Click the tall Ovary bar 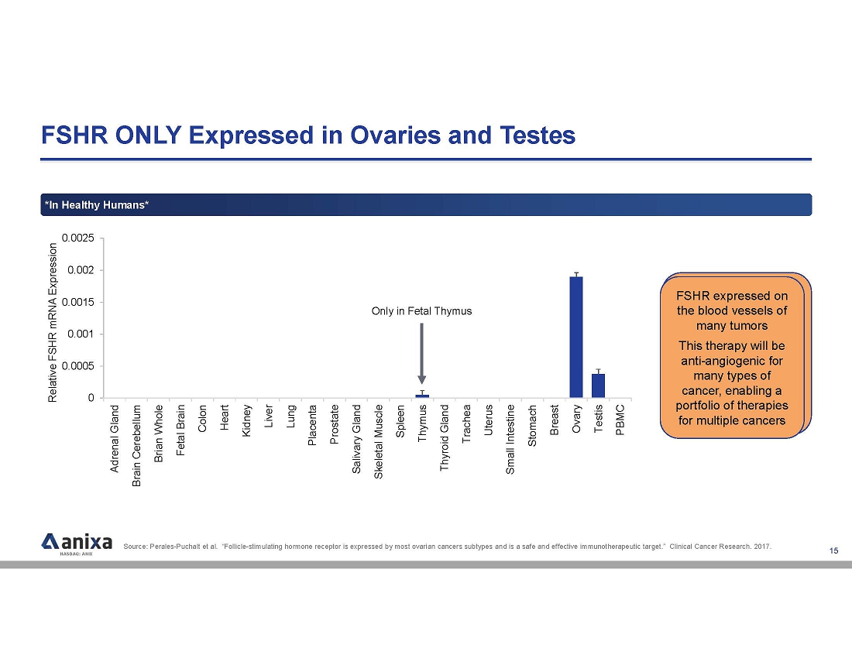pyautogui.click(x=576, y=337)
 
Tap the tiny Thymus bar pyautogui.click(x=422, y=396)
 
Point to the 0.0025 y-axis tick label pyautogui.click(x=78, y=238)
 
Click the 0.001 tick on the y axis pyautogui.click(x=81, y=334)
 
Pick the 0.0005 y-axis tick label pyautogui.click(x=78, y=365)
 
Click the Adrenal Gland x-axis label pyautogui.click(x=115, y=438)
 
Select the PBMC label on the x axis pyautogui.click(x=620, y=421)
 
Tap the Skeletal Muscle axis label pyautogui.click(x=379, y=441)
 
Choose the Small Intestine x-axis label pyautogui.click(x=510, y=439)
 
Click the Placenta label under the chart pyautogui.click(x=312, y=426)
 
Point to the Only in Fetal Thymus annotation pyautogui.click(x=421, y=311)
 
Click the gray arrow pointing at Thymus pyautogui.click(x=421, y=352)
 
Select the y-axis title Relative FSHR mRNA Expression pyautogui.click(x=53, y=322)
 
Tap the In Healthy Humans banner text pyautogui.click(x=97, y=204)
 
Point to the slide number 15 pyautogui.click(x=833, y=550)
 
